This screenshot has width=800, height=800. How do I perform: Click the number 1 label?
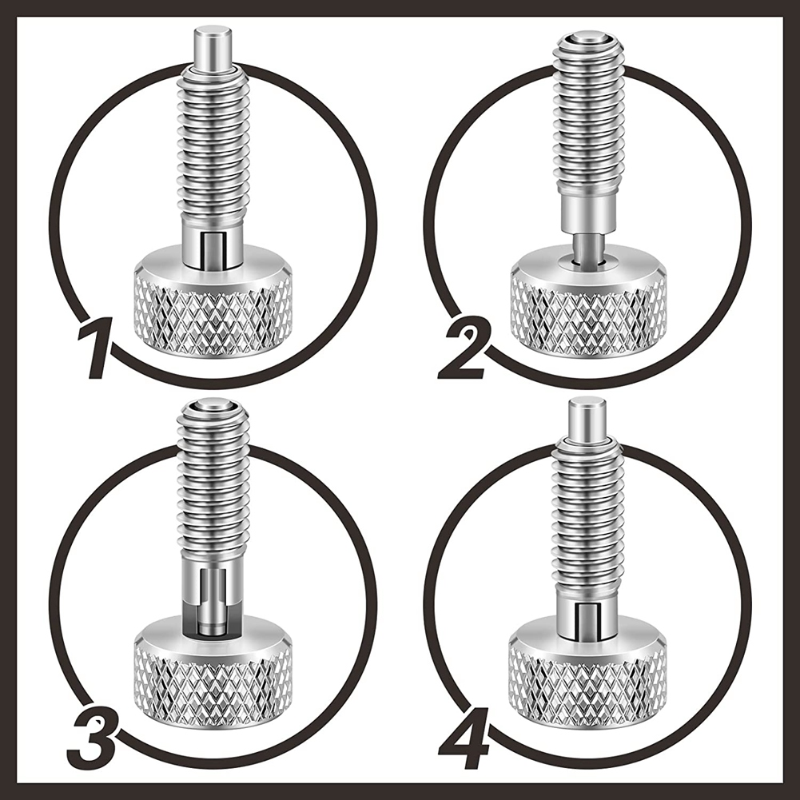(98, 348)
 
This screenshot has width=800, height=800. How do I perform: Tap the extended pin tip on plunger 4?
(587, 419)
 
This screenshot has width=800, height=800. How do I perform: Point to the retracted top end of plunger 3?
(213, 412)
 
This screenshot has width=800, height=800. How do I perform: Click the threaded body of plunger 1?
(213, 144)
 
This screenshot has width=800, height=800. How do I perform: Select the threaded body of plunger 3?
(213, 488)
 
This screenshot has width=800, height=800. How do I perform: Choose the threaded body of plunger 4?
(587, 515)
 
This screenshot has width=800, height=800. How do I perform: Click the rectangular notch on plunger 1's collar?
(213, 248)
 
